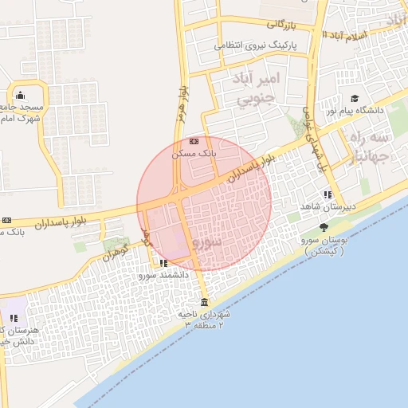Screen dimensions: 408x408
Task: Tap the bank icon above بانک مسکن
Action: pos(194,141)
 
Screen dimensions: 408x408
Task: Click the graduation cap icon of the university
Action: pos(355,98)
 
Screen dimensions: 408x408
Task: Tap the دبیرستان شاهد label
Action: pos(339,205)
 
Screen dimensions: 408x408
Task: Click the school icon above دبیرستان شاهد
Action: pos(328,194)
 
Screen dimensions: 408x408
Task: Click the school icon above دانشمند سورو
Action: pos(163,263)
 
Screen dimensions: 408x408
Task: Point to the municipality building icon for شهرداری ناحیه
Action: pos(205,302)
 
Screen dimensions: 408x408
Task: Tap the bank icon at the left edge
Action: pos(7,220)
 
